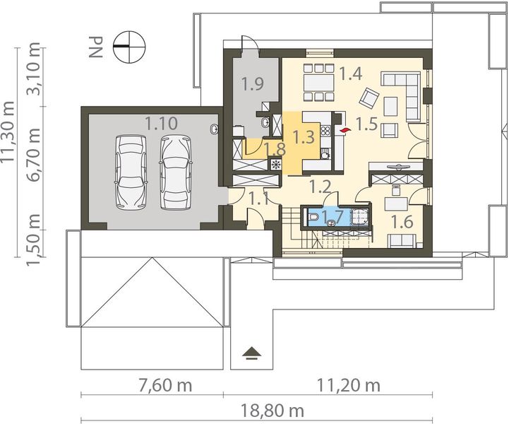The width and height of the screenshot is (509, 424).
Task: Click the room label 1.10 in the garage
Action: tap(161, 123)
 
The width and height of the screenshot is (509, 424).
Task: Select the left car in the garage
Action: tap(131, 172)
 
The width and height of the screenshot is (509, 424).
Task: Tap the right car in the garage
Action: tap(175, 172)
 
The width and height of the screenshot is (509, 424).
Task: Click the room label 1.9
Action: tap(252, 85)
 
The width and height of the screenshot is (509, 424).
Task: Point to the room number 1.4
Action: tap(350, 72)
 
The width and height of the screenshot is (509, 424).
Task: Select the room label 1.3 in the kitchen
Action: tap(304, 136)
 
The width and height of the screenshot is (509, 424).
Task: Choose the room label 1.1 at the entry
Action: tap(260, 199)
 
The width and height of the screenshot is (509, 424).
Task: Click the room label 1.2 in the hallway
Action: tap(321, 187)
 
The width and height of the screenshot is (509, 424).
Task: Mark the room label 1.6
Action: tap(402, 221)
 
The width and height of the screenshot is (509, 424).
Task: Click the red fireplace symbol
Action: tap(345, 130)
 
